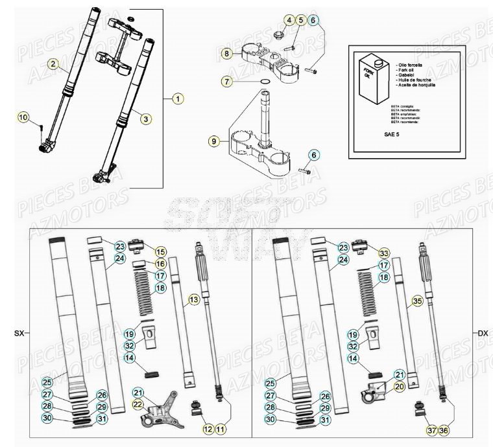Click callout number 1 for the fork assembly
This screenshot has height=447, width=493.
[x=177, y=98]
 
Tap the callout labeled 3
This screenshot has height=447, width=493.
[x=145, y=118]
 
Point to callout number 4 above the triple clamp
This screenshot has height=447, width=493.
[x=289, y=20]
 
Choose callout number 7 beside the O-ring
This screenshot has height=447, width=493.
[x=226, y=82]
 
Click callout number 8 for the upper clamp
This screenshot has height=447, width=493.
[x=226, y=52]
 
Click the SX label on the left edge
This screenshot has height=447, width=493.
[x=18, y=334]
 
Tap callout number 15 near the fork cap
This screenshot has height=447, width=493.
[x=160, y=251]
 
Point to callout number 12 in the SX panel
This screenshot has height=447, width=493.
[x=208, y=428]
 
